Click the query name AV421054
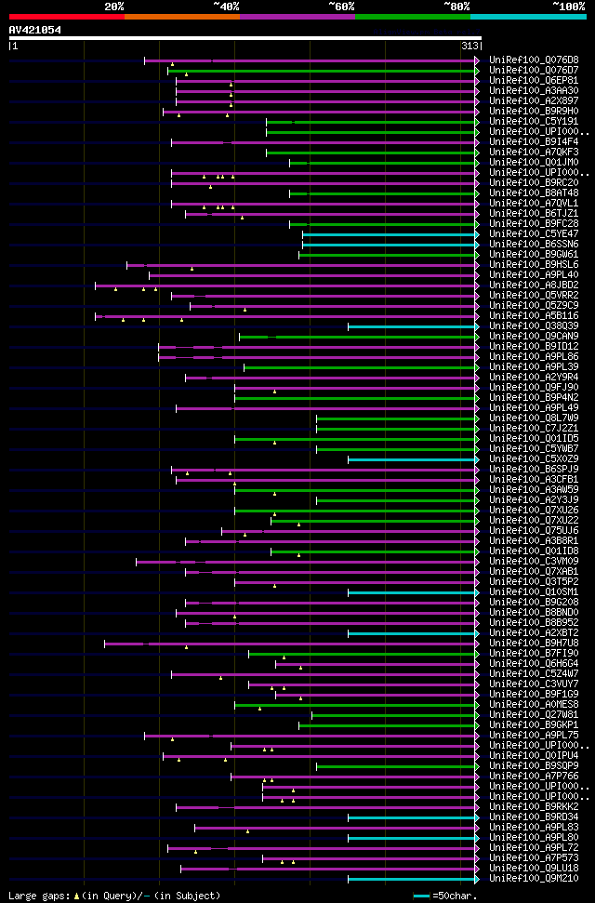[x=35, y=30]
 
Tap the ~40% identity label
[x=226, y=6]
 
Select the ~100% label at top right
[x=568, y=6]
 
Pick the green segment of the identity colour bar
[x=412, y=17]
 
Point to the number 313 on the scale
[x=469, y=46]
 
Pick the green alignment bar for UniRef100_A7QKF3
[x=372, y=153]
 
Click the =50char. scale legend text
[x=451, y=896]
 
